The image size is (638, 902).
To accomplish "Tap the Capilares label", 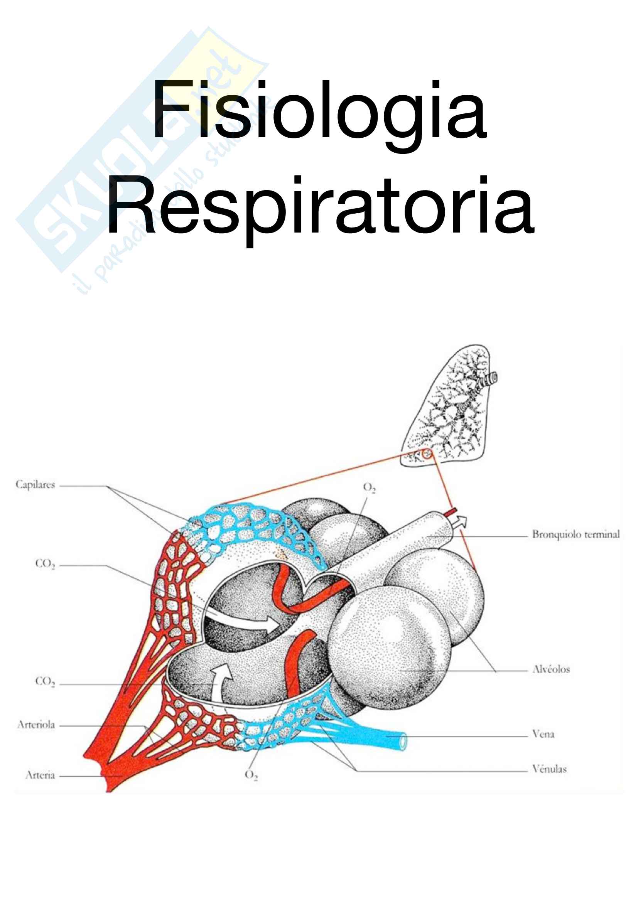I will point(35,484).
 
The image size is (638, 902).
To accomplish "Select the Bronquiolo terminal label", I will point(576,534).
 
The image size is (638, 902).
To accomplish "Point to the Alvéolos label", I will point(551,669).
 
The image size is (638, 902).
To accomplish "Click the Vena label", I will point(543,734).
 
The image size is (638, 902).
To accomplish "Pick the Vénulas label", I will point(549,769).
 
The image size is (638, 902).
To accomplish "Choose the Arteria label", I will point(40,775).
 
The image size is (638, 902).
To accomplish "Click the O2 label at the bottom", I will point(251,775).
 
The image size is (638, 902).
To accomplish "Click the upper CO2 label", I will point(45,564).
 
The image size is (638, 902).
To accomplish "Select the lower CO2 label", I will point(45,681).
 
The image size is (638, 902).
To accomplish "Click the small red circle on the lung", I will point(427,455).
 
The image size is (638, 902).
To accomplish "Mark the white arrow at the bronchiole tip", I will point(461,522).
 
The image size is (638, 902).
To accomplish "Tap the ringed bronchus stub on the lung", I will point(491,379).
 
